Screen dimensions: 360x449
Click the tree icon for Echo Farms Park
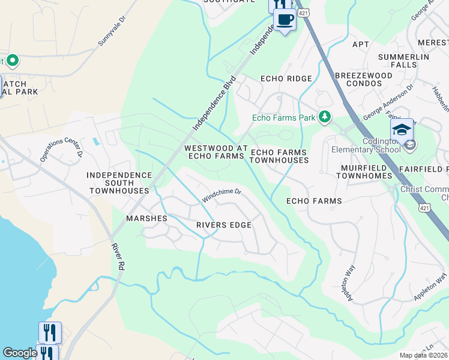(325, 117)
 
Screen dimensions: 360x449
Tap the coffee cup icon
(285, 19)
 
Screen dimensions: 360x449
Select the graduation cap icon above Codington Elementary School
(402, 128)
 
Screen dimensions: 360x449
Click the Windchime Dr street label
(221, 194)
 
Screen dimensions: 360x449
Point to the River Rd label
(118, 257)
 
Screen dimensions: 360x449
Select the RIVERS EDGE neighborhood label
(223, 225)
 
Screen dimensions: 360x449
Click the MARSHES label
(146, 218)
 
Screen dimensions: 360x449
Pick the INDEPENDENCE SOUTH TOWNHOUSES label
(119, 182)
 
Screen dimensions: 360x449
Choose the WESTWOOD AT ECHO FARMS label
(215, 152)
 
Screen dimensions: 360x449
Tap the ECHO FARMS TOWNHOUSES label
(279, 156)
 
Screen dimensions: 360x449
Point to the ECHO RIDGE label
(286, 79)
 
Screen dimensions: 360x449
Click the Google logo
(20, 353)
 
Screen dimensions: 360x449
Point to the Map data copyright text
(423, 355)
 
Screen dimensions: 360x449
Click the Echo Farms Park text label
(283, 118)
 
